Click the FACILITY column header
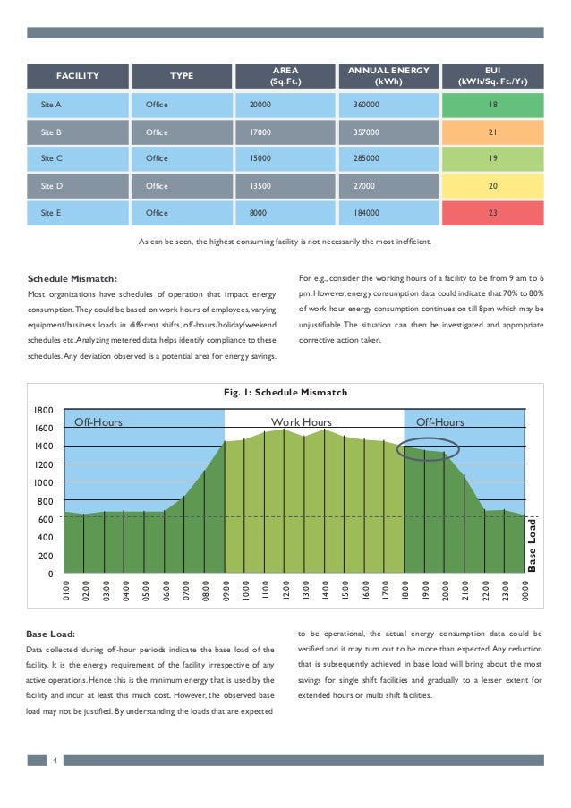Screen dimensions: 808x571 click(78, 76)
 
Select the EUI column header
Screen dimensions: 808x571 click(492, 76)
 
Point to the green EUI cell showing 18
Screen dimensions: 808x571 click(492, 106)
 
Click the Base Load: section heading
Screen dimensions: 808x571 click(52, 634)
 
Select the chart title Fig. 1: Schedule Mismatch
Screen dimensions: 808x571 click(285, 392)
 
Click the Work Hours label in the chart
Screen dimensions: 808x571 click(302, 421)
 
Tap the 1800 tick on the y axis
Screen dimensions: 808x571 click(44, 410)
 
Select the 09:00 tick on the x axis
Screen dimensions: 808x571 click(226, 591)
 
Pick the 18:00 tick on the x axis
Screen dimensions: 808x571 click(405, 591)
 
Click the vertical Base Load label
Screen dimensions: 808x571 click(533, 544)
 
